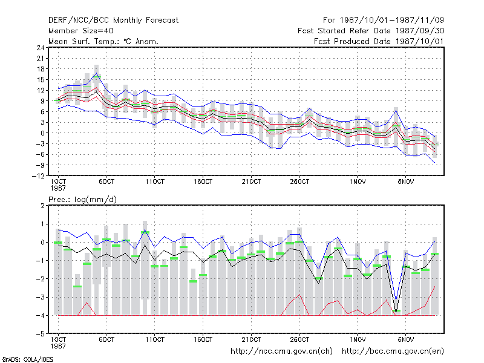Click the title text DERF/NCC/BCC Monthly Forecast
tap(113, 21)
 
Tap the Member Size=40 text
tap(81, 31)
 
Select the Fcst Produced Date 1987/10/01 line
tap(379, 41)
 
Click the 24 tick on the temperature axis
tap(41, 48)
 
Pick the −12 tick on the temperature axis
tap(38, 175)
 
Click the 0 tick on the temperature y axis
tap(42, 133)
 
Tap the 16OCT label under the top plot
tap(203, 182)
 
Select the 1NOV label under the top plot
tap(357, 182)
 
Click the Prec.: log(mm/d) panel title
tap(82, 200)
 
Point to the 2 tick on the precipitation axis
tap(42, 206)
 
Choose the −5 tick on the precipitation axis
tap(41, 334)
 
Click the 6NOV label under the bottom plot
tap(405, 339)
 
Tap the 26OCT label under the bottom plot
tap(299, 339)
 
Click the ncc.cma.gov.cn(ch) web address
tap(281, 352)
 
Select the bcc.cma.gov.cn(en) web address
tap(393, 352)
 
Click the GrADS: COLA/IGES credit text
tap(28, 359)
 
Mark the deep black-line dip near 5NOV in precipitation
tap(396, 311)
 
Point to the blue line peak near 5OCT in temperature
tap(97, 73)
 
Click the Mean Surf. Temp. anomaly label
tap(103, 41)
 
